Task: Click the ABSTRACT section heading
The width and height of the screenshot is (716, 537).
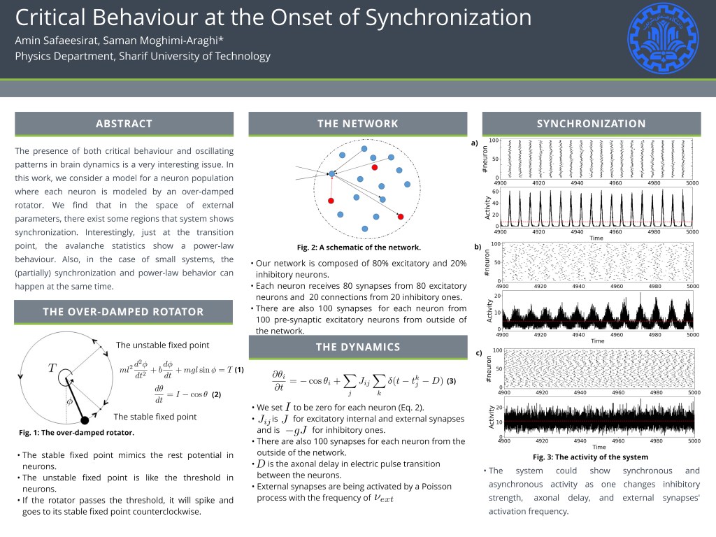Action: (x=124, y=124)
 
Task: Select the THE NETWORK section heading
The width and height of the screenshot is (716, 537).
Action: (x=357, y=124)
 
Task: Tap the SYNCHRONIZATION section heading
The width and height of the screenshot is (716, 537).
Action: (x=591, y=124)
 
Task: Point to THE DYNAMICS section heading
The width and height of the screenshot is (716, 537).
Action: (x=357, y=347)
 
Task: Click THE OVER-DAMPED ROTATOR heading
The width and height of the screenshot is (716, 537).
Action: (x=124, y=312)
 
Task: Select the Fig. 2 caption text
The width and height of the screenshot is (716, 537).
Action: (x=358, y=248)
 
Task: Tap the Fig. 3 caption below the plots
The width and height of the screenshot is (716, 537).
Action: (x=592, y=457)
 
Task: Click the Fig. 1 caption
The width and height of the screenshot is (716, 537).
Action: (x=76, y=433)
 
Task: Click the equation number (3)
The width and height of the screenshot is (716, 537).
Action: (x=451, y=382)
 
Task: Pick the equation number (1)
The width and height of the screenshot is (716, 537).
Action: (x=238, y=369)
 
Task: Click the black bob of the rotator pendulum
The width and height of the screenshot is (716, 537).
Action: (x=85, y=420)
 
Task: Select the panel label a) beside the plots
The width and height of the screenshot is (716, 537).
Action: (x=475, y=143)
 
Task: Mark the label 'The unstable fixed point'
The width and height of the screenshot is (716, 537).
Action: (x=162, y=345)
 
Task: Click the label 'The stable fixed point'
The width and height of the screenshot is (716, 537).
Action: (x=155, y=417)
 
